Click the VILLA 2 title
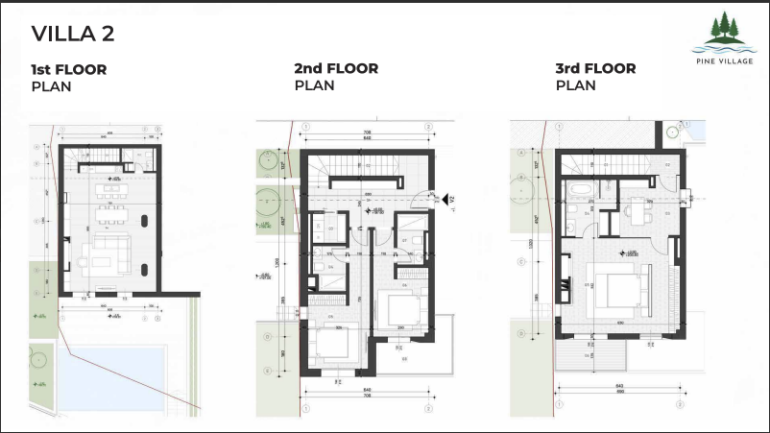tap(73, 35)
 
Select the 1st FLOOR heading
tap(69, 69)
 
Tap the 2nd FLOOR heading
tap(336, 69)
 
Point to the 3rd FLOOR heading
tap(596, 69)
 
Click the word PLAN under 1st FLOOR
tap(52, 85)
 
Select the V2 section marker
tap(447, 199)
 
